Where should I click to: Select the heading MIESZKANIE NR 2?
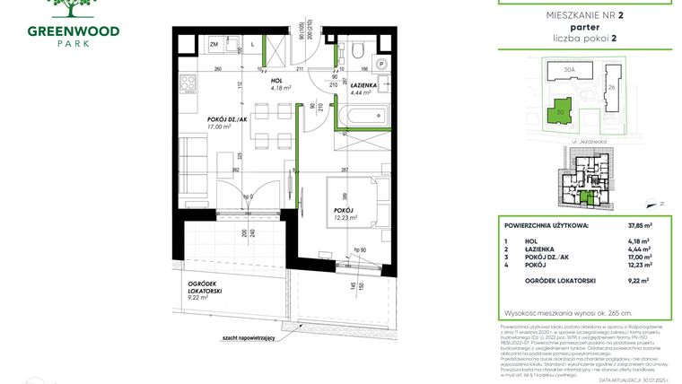584,14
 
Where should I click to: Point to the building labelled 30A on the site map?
568,69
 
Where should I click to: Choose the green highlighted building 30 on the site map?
560,112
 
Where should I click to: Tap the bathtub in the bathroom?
362,115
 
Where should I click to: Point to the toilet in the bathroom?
357,49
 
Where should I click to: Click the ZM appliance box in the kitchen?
214,44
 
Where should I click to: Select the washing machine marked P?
381,65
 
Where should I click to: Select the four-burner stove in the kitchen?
189,83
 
